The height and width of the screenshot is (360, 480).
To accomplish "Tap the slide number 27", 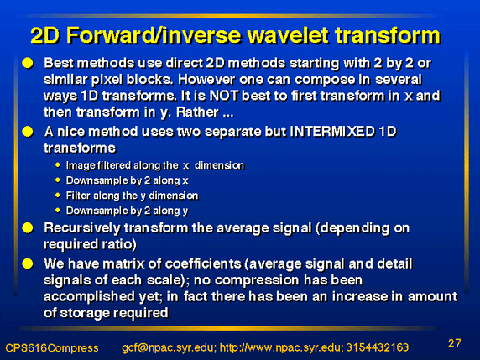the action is tap(454, 343).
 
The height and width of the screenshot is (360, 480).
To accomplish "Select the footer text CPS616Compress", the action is tap(52, 348).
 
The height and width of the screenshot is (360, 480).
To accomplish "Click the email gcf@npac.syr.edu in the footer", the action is tap(169, 347).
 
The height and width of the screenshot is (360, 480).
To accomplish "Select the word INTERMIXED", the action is tap(332, 132).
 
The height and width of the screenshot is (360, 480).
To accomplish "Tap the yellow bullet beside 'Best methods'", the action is tap(28, 63).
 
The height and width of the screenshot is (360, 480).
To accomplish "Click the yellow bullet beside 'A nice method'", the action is tap(28, 132).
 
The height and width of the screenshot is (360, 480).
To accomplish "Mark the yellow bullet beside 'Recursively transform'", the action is tap(28, 228).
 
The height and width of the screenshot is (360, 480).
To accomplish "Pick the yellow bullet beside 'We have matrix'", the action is tap(28, 263).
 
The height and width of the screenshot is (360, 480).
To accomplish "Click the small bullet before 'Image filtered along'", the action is tap(58, 165).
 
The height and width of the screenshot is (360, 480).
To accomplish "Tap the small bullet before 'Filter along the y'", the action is tap(58, 195).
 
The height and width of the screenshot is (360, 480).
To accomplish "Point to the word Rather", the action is tap(197, 112).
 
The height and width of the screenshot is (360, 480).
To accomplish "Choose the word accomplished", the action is tap(89, 297).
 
